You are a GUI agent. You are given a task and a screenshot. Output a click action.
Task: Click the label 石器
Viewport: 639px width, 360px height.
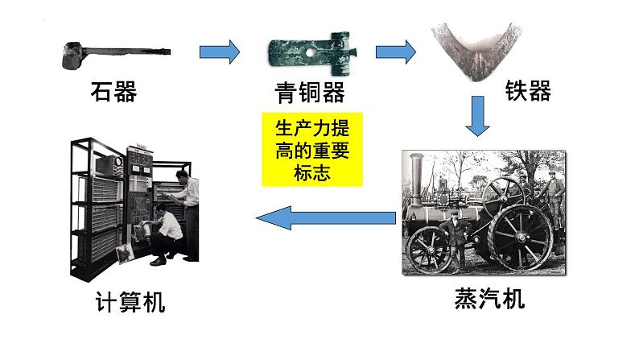(113, 93)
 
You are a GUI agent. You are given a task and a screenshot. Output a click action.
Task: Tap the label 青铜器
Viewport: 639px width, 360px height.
(308, 93)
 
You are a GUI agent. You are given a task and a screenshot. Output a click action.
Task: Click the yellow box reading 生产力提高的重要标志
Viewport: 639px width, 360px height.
(312, 150)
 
